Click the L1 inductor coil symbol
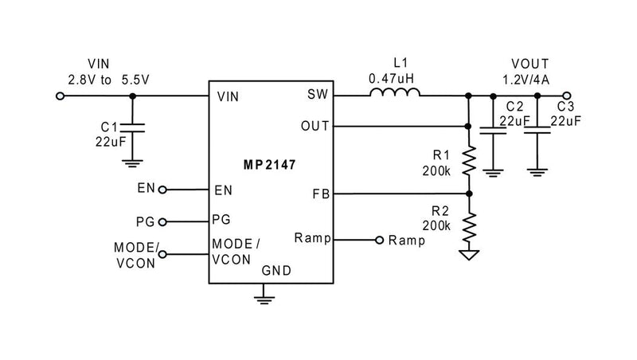tap(395, 95)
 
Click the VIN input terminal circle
tap(60, 96)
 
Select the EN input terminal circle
tap(163, 190)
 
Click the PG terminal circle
tap(163, 221)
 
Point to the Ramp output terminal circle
tap(379, 239)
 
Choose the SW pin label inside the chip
tap(315, 96)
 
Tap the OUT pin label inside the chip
tap(312, 126)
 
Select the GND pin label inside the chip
tap(276, 271)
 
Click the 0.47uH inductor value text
tap(393, 79)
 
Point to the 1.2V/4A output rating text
tap(526, 79)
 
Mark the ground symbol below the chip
tap(263, 299)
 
